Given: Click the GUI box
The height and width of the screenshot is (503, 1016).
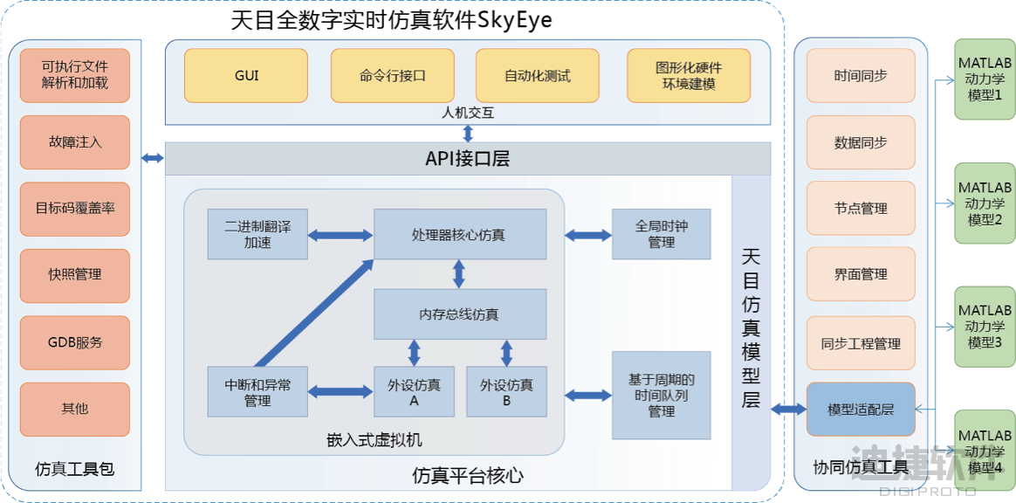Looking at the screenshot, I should (246, 76).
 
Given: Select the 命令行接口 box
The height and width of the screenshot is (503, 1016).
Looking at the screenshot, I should (393, 76).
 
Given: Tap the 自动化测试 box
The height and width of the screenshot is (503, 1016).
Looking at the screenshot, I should (538, 76).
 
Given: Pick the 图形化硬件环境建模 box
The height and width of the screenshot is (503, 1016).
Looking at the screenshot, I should (689, 76).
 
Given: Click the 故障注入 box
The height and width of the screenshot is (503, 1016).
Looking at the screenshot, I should (75, 141).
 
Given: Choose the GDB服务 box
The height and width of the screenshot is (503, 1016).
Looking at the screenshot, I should (75, 342).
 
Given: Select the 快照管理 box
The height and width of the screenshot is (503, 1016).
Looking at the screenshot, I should (75, 274).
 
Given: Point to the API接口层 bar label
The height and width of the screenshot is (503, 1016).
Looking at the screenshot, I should (467, 158).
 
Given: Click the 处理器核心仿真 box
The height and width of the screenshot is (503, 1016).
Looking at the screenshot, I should (460, 235).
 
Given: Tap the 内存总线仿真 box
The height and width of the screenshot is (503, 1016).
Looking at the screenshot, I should (460, 314).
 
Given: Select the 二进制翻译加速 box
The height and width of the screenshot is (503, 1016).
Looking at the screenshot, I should (257, 235).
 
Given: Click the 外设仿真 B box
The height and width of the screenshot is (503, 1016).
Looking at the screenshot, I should (506, 392).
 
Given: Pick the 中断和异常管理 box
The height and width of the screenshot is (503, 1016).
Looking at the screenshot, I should (257, 392).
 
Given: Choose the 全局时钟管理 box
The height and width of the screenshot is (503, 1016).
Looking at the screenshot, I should (661, 234).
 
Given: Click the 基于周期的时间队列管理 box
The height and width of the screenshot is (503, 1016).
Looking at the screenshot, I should (661, 395).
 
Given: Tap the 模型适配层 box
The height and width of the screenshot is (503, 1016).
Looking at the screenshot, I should (861, 409).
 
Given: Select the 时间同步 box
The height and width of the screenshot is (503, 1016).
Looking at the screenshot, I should (861, 76).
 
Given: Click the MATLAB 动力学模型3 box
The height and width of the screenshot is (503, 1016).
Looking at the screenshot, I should (985, 326).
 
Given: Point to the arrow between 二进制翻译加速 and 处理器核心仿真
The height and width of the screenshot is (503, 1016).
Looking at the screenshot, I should (340, 235).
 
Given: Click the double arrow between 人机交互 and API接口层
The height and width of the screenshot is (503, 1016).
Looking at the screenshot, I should (469, 133).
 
